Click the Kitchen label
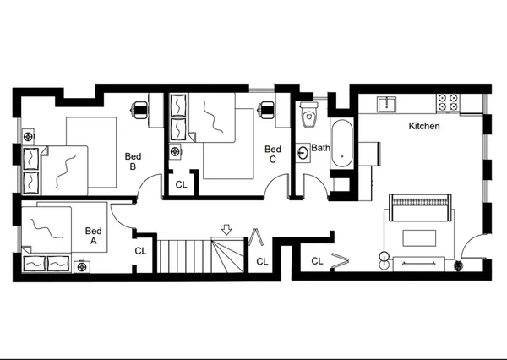coord(424,126)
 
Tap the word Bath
coord(320,148)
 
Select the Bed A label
coord(94,236)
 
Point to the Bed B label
coord(133,161)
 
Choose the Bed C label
coord(272,153)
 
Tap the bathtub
coord(341,143)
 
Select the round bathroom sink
coord(303,154)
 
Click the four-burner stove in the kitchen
coord(447,103)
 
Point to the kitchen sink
coord(388,104)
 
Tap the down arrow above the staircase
coord(226,228)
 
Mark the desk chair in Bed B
coord(141,107)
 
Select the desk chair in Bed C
coord(268,107)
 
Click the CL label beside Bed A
coord(141,251)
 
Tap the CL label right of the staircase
coord(262,261)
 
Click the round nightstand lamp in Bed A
coord(82,267)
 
